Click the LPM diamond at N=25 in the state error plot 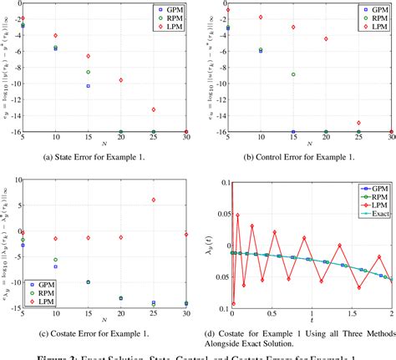(153, 109)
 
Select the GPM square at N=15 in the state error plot (88, 86)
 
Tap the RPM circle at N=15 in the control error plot (292, 74)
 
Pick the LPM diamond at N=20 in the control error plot (325, 39)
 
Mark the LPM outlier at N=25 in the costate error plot (153, 200)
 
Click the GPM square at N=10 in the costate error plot (55, 266)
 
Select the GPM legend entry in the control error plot (375, 9)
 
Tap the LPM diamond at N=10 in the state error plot (55, 36)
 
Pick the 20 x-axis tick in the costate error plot (120, 311)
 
